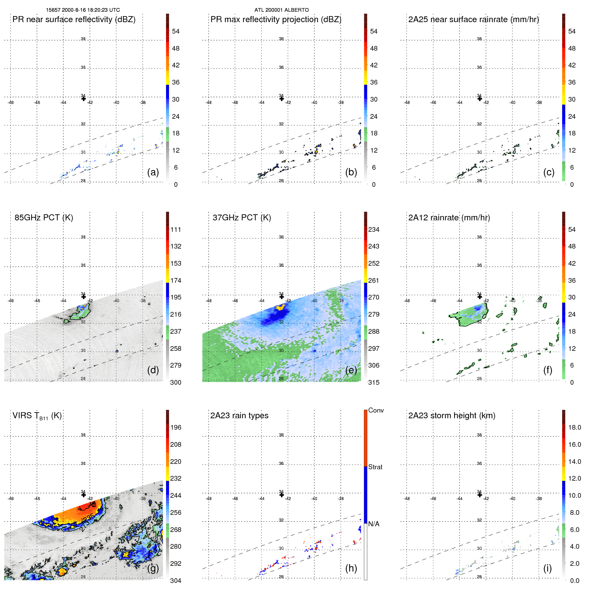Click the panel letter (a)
pyautogui.click(x=153, y=172)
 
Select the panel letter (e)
pyautogui.click(x=351, y=370)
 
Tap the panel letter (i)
pyautogui.click(x=547, y=568)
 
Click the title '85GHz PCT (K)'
pyautogui.click(x=44, y=218)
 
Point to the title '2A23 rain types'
pyautogui.click(x=239, y=416)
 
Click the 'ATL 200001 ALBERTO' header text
pyautogui.click(x=281, y=10)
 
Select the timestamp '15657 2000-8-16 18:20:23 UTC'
pyautogui.click(x=83, y=10)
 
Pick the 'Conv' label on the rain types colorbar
pyautogui.click(x=376, y=410)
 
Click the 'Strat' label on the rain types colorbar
pyautogui.click(x=375, y=467)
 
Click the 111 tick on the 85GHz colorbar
pyautogui.click(x=176, y=230)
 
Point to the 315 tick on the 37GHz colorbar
pyautogui.click(x=374, y=382)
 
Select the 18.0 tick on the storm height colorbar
pyautogui.click(x=574, y=427)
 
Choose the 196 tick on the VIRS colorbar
pyautogui.click(x=176, y=427)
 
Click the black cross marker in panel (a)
pyautogui.click(x=84, y=99)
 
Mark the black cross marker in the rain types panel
pyautogui.click(x=282, y=495)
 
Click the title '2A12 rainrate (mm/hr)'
pyautogui.click(x=449, y=218)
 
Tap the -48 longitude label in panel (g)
pyautogui.click(x=11, y=499)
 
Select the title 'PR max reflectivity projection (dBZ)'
pyautogui.click(x=276, y=19)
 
